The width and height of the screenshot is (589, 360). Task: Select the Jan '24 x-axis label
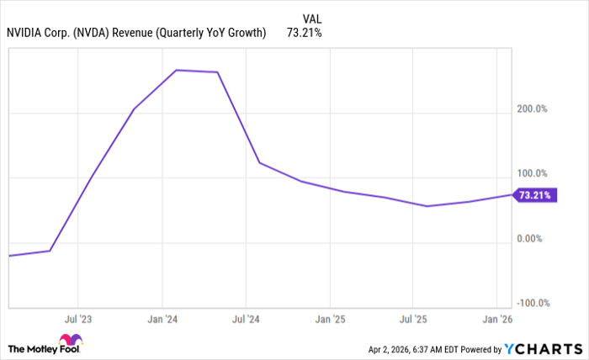(x=161, y=320)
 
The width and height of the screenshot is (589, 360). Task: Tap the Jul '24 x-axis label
(x=245, y=320)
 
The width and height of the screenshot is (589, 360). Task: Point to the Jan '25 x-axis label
(x=329, y=320)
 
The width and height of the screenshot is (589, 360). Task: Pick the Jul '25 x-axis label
(x=413, y=320)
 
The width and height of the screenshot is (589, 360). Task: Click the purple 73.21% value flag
(x=535, y=195)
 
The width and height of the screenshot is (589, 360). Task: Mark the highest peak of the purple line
(x=176, y=70)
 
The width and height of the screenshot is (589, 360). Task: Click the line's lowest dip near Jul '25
(x=427, y=206)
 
